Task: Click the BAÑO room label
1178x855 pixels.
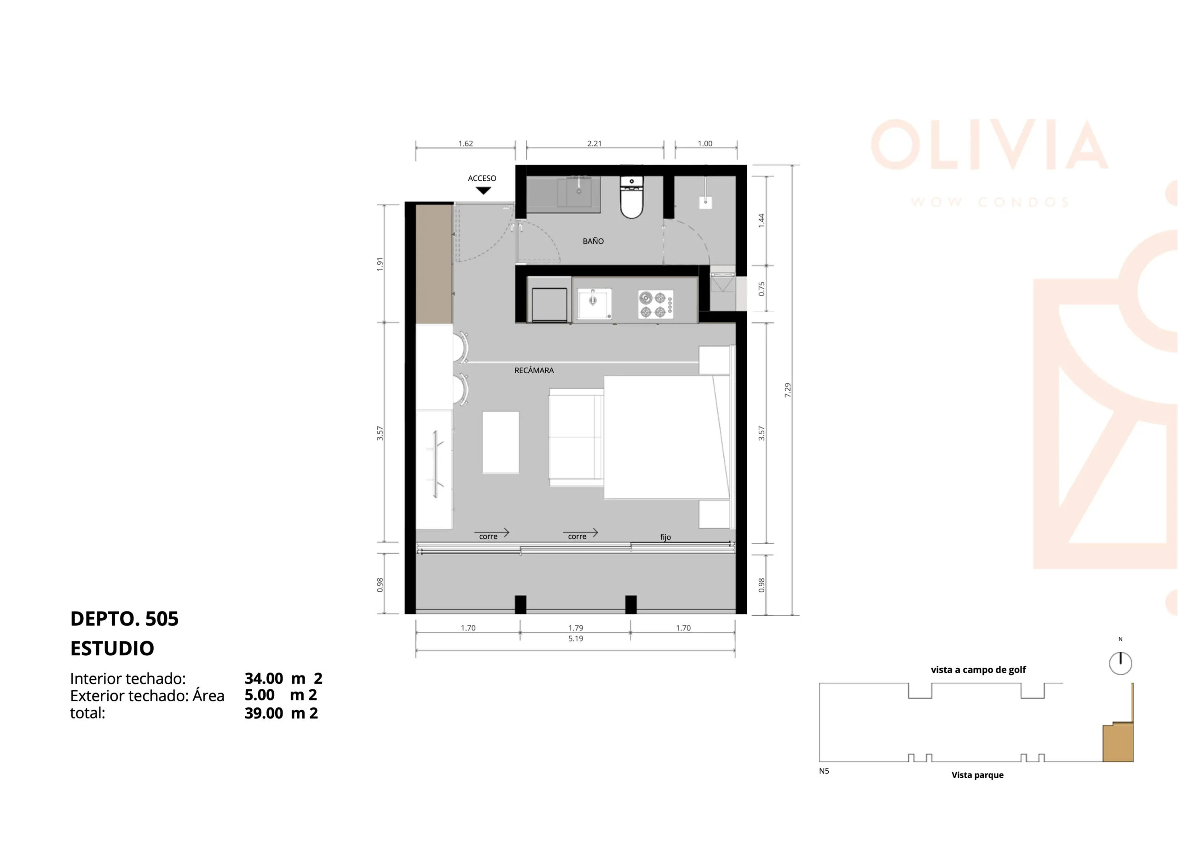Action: pyautogui.click(x=593, y=241)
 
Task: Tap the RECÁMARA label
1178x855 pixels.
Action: pyautogui.click(x=534, y=370)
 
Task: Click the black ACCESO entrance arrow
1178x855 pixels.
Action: pyautogui.click(x=483, y=191)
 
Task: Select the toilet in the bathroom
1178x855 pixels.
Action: pyautogui.click(x=632, y=197)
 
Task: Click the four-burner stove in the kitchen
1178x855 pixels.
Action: pyautogui.click(x=655, y=304)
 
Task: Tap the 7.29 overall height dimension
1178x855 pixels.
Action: pyautogui.click(x=788, y=390)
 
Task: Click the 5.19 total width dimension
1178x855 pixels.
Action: pyautogui.click(x=576, y=638)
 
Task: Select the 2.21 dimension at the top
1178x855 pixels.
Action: pyautogui.click(x=594, y=144)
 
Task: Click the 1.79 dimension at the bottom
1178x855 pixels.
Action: pyautogui.click(x=576, y=628)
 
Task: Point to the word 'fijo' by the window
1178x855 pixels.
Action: pyautogui.click(x=665, y=537)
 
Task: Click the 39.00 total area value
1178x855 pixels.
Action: pyautogui.click(x=264, y=713)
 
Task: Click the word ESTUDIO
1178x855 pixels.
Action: pyautogui.click(x=112, y=648)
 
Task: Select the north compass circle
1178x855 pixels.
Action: pyautogui.click(x=1120, y=663)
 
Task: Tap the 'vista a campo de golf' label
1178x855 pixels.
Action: pyautogui.click(x=978, y=670)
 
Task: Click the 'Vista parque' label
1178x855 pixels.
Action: pyautogui.click(x=977, y=775)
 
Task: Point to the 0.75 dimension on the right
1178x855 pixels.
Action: pyautogui.click(x=762, y=289)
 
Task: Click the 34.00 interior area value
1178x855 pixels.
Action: pyautogui.click(x=264, y=678)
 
